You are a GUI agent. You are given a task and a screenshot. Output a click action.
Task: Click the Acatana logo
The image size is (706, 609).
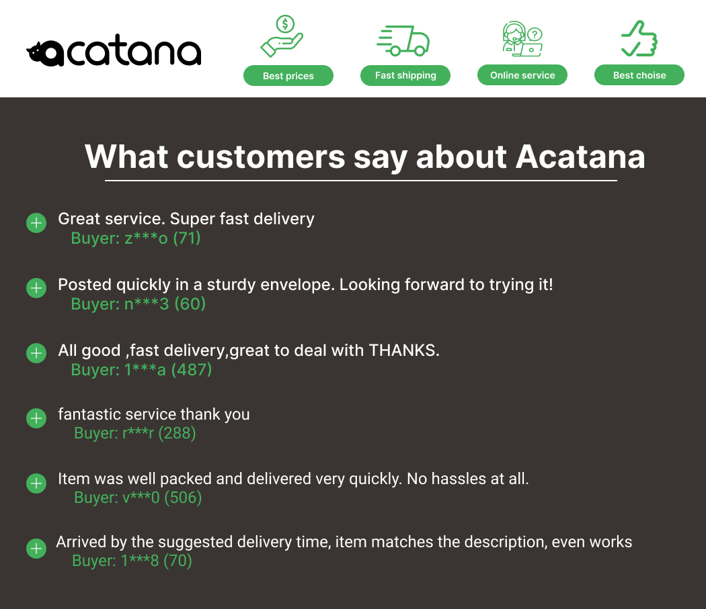tap(114, 50)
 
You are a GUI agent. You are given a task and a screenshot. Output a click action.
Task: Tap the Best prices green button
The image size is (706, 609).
tap(288, 76)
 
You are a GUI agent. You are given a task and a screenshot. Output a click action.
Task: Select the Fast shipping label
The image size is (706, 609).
tap(405, 75)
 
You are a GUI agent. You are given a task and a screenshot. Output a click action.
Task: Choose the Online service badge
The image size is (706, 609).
tap(522, 75)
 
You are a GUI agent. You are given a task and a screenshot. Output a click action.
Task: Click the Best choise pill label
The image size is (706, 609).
tap(639, 75)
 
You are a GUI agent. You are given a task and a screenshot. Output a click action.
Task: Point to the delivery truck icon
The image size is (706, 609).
tap(403, 40)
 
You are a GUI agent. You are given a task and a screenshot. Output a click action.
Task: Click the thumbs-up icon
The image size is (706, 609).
tap(639, 39)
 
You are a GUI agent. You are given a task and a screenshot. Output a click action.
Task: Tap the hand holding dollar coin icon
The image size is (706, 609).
tap(282, 36)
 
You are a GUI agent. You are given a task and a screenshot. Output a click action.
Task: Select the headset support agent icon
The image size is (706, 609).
tap(522, 39)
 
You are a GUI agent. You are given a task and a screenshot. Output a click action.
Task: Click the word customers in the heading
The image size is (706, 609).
tap(261, 157)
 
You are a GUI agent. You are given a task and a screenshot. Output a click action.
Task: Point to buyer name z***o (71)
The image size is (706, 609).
tap(136, 238)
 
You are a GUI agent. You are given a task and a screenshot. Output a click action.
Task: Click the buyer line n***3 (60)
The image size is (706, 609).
tap(139, 303)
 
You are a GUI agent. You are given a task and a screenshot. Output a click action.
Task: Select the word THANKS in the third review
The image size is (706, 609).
tap(404, 350)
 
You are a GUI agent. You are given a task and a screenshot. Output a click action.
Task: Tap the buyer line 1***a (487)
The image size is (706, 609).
tap(141, 369)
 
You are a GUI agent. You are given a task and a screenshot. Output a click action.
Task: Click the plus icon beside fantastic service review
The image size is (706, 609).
tap(36, 418)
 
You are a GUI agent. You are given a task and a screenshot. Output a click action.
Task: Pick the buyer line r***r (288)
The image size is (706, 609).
tap(134, 432)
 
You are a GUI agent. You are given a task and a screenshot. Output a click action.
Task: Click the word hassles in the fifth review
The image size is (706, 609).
tap(459, 479)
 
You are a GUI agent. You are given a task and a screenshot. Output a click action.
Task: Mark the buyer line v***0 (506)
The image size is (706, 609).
tap(138, 497)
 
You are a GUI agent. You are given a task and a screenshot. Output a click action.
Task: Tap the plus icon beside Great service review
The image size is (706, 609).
tap(36, 223)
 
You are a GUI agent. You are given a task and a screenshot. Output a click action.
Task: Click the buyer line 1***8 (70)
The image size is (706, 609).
tap(132, 561)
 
